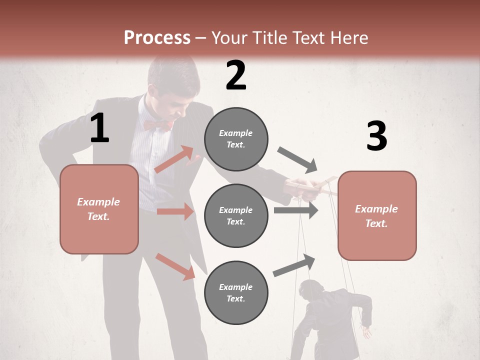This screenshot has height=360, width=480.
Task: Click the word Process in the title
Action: [x=157, y=38]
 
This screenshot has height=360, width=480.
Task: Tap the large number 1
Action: [x=99, y=128]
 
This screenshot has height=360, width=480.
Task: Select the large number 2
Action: [x=236, y=75]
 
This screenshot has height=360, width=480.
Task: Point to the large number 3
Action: [x=376, y=136]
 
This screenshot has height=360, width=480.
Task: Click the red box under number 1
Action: [x=99, y=209]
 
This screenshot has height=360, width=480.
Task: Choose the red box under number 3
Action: [x=377, y=215]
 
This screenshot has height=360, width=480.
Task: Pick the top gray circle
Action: [x=236, y=139]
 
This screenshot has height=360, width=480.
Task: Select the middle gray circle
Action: [x=236, y=215]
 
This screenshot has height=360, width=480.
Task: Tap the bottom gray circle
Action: [x=236, y=292]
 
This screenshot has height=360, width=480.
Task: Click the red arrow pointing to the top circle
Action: [x=174, y=159]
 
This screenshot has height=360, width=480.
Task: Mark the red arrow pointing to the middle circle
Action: [x=175, y=211]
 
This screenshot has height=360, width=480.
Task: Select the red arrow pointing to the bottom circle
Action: [x=175, y=266]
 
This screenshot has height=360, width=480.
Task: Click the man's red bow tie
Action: [x=158, y=124]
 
